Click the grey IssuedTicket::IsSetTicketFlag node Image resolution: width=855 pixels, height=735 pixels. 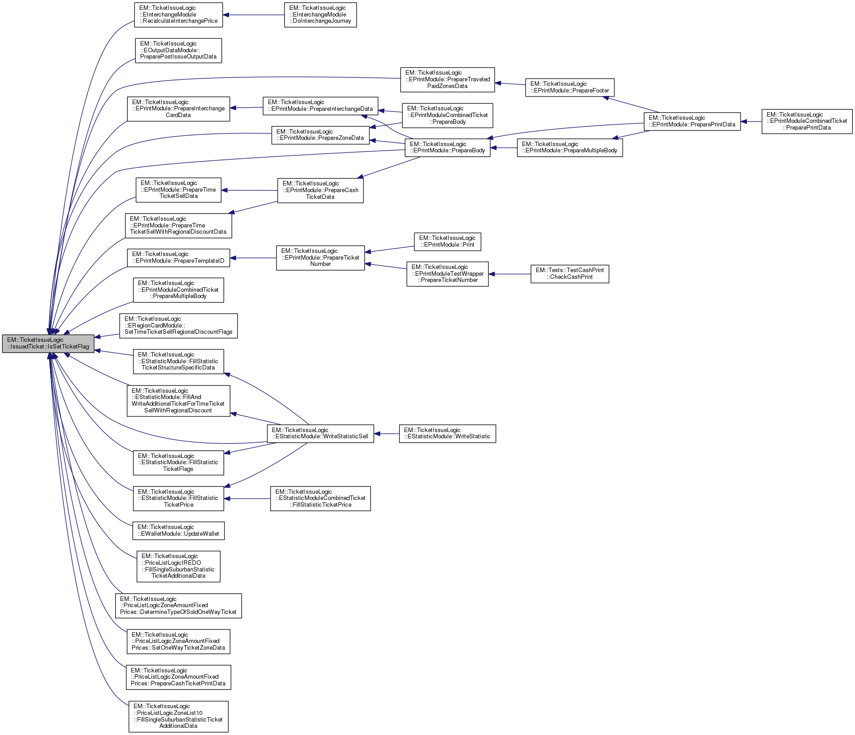coord(48,344)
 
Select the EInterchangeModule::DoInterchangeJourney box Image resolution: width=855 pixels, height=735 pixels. coord(320,15)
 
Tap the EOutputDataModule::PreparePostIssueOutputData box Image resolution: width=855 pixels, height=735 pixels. coord(178,50)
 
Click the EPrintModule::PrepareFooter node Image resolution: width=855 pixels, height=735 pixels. coord(570,88)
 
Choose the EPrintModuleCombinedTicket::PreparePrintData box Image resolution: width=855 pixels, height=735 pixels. coord(807,122)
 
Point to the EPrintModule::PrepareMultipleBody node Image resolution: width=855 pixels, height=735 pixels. coord(570,148)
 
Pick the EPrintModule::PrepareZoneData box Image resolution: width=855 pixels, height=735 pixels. coord(320,135)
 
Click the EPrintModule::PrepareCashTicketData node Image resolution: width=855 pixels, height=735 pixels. coord(320,190)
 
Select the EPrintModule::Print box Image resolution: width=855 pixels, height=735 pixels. coord(447,242)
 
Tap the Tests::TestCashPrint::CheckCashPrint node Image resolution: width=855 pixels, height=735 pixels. coord(570,274)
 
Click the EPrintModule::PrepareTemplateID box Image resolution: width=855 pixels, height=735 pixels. coord(178,258)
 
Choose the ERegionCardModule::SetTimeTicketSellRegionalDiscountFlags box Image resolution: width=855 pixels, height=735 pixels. coord(178,326)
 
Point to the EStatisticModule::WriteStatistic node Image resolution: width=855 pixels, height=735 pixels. coord(447,434)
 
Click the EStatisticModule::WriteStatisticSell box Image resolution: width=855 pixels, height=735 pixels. coord(320,434)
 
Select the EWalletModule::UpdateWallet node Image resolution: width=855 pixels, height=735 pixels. coord(178,531)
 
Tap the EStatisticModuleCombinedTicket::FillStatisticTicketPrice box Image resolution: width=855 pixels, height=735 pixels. coord(320,499)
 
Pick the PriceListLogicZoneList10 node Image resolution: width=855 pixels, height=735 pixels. coord(178,716)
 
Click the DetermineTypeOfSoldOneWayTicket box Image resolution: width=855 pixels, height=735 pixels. coord(178,606)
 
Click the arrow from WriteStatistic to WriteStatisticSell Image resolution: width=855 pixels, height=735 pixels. coord(387,434)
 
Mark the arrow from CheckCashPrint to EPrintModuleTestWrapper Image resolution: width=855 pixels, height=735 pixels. coord(509,274)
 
